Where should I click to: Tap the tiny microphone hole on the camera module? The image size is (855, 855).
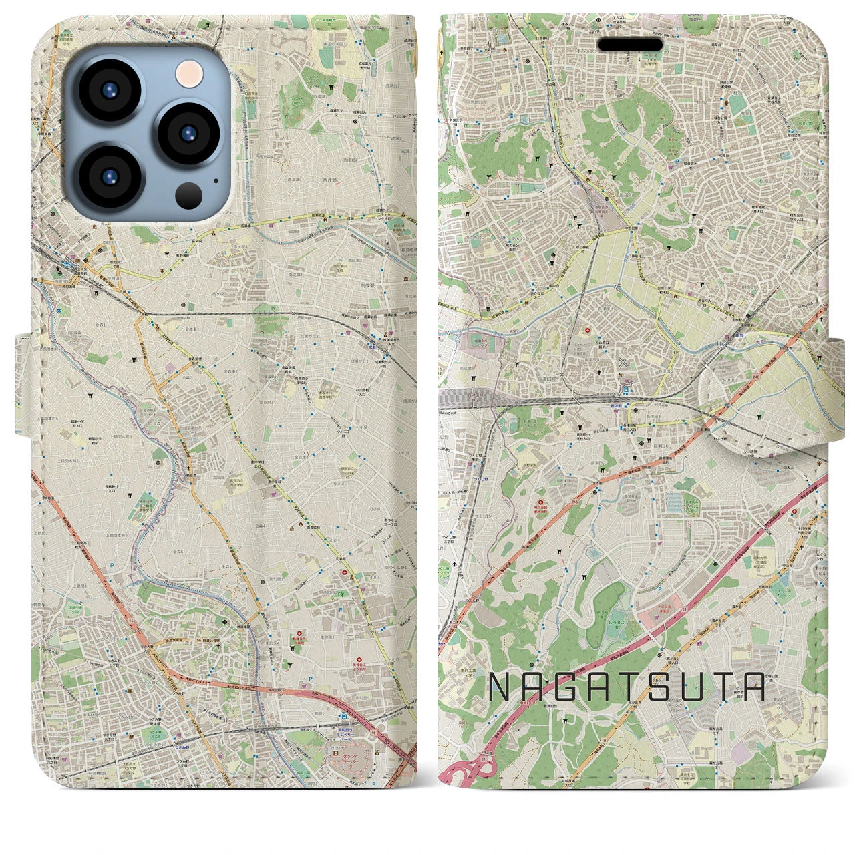(216, 180)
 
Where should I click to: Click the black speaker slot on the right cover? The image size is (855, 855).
(630, 45)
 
